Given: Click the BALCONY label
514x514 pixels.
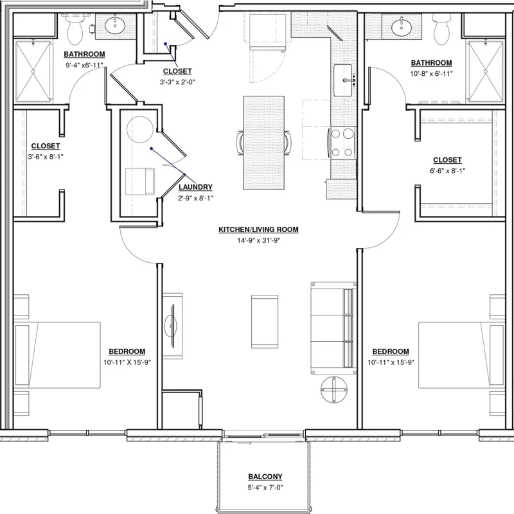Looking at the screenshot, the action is click(x=265, y=477).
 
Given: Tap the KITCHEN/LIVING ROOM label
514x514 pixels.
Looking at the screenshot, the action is click(x=258, y=229).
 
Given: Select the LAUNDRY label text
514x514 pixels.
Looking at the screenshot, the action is click(x=195, y=187).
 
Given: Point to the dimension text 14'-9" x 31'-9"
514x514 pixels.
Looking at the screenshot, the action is click(x=259, y=240).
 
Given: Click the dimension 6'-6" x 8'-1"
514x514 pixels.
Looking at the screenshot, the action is click(x=447, y=171).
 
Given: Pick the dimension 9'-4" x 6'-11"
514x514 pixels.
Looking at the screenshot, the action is click(x=84, y=65).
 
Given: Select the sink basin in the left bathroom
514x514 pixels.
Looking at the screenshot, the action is click(x=115, y=25).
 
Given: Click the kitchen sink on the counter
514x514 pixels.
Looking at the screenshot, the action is click(x=343, y=80).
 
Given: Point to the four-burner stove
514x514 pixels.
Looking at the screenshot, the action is click(x=342, y=143).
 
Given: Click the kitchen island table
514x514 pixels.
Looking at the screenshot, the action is click(x=263, y=143).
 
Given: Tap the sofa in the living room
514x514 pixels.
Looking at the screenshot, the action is click(x=333, y=328).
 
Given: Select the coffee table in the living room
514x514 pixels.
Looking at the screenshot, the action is click(x=265, y=322).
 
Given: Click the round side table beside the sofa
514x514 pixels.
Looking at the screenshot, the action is click(x=333, y=389).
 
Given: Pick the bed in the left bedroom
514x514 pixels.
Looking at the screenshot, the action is click(x=57, y=355).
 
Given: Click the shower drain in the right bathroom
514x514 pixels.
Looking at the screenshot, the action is click(x=486, y=71).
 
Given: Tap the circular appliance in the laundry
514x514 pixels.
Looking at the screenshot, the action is click(x=140, y=130).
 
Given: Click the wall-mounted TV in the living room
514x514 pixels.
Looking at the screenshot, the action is click(x=172, y=326).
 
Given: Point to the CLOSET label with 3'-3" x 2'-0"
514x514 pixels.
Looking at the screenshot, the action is click(x=177, y=71).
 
